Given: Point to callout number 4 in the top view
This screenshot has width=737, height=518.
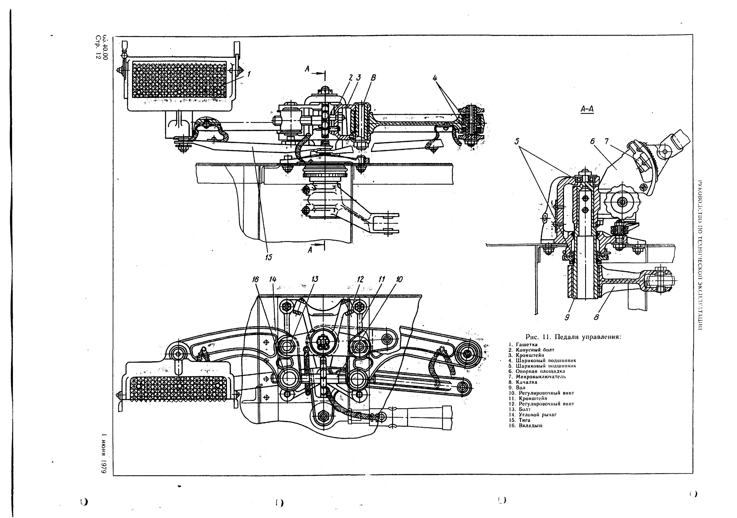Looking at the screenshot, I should pos(435,78).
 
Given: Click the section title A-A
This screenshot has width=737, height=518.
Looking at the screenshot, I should pos(587,109).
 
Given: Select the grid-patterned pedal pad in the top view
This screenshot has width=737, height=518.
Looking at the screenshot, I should pos(179,80).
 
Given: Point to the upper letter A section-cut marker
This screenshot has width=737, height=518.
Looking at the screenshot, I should pos(307,69).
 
